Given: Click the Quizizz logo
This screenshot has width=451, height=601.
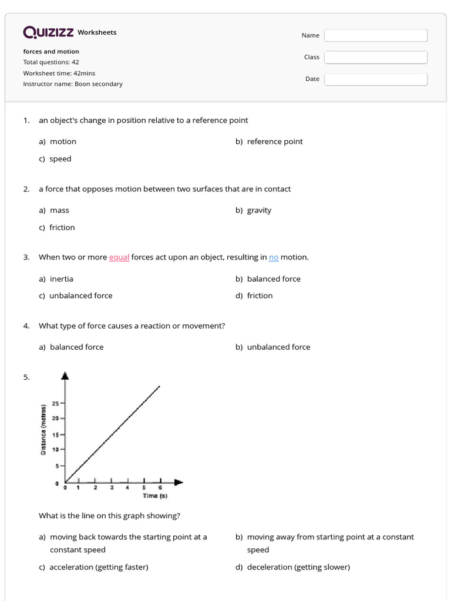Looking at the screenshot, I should [x=48, y=32].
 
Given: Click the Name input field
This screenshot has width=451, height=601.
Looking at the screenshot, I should [x=376, y=35].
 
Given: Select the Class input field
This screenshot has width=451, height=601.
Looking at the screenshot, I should [x=376, y=57].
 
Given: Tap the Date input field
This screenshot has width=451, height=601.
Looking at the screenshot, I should [x=376, y=79].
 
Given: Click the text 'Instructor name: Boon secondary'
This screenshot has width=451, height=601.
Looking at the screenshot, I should [x=73, y=84].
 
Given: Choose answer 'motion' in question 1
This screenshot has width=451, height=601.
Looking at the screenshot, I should [x=63, y=141].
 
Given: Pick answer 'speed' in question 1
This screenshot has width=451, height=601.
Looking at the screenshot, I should [x=60, y=159].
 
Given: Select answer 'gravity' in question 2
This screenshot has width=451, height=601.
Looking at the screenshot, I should [x=259, y=210].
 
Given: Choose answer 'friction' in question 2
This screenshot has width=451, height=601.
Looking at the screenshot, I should [x=62, y=228].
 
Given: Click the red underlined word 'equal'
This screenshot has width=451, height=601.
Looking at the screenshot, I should [x=119, y=257].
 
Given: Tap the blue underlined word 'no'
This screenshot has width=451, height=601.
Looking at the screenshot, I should [x=274, y=257].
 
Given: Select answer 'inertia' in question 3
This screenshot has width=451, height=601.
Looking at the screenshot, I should [x=62, y=279].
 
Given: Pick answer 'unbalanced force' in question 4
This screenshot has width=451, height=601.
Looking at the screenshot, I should [x=278, y=347].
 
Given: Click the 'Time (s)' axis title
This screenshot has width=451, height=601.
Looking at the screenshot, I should [x=155, y=496].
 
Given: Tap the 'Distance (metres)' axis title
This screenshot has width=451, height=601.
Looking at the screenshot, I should [x=43, y=430].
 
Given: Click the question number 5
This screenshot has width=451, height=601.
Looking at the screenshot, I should [x=26, y=377].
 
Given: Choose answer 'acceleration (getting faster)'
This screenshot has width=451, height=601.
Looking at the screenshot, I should [x=99, y=567].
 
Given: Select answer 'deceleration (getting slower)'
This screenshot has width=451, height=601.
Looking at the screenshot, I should [x=298, y=567].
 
